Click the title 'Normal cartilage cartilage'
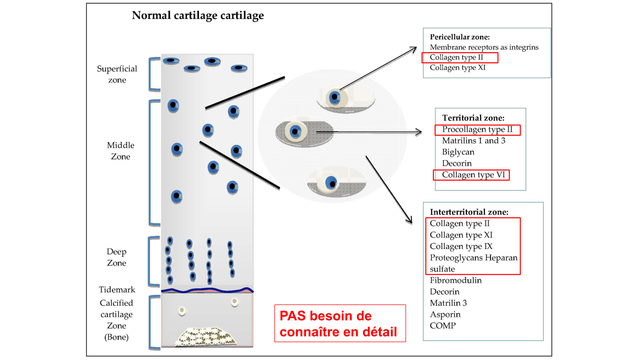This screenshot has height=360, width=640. [198, 15]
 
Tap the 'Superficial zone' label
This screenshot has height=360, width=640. [117, 74]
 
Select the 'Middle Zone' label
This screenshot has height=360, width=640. [120, 151]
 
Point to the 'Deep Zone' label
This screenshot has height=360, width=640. [116, 257]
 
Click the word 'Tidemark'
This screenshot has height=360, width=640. [117, 290]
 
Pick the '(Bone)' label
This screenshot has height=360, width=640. [116, 337]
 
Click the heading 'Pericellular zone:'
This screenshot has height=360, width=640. [460, 37]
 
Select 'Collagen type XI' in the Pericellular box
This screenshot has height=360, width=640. [458, 68]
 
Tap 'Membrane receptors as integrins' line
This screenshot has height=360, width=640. [484, 47]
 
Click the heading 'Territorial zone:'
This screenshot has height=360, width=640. [473, 118]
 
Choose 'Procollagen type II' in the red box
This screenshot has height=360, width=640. [477, 130]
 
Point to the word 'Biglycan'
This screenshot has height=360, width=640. [458, 152]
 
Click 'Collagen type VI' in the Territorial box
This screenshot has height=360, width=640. [473, 175]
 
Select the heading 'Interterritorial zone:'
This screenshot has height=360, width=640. [469, 212]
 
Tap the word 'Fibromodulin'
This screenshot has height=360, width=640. [456, 280]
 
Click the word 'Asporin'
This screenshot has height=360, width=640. [445, 314]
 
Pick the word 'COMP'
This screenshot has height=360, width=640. [443, 326]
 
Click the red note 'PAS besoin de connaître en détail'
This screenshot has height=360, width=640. [340, 324]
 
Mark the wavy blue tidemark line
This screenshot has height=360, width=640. [207, 290]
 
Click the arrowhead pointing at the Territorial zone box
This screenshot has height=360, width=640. [419, 132]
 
